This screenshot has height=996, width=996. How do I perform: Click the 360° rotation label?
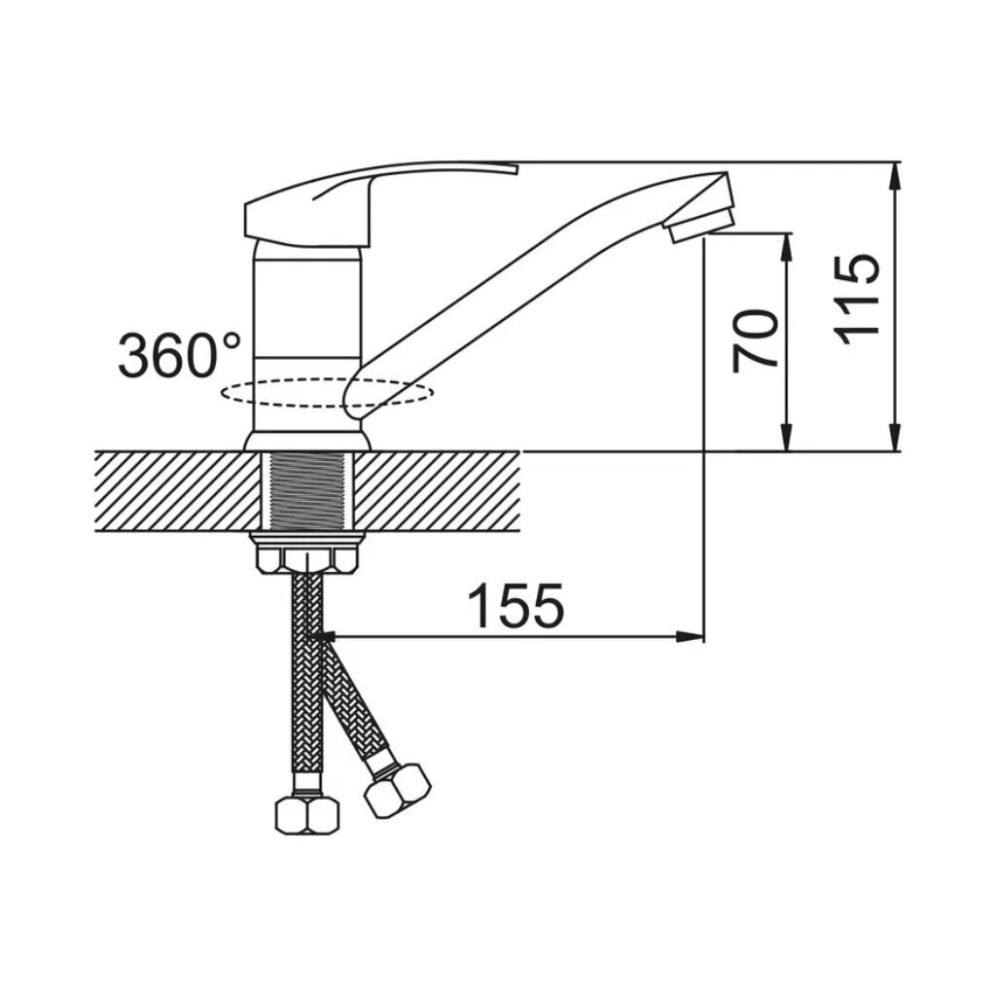[x=180, y=355]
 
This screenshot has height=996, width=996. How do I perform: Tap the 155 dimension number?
[x=516, y=605]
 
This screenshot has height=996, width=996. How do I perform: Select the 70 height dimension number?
[x=755, y=341]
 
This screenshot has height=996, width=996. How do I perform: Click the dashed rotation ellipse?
[x=327, y=393]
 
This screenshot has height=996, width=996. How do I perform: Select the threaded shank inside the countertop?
[x=307, y=490]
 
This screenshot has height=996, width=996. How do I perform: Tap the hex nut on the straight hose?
[x=306, y=816]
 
